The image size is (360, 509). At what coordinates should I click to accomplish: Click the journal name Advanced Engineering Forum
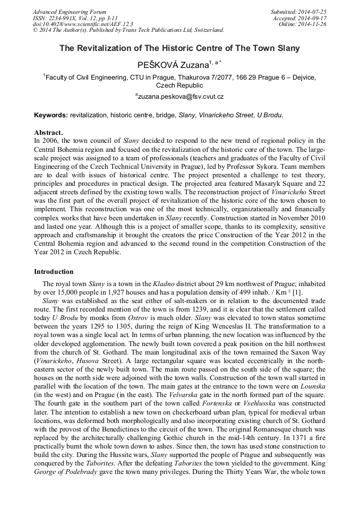pyautogui.click(x=70, y=12)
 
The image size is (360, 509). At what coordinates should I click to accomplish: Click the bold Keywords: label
pyautogui.click(x=51, y=115)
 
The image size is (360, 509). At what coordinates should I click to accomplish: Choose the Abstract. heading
pyautogui.click(x=48, y=132)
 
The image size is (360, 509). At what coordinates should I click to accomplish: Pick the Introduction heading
pyautogui.click(x=54, y=271)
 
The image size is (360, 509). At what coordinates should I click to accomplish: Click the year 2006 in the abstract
pyautogui.click(x=49, y=141)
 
